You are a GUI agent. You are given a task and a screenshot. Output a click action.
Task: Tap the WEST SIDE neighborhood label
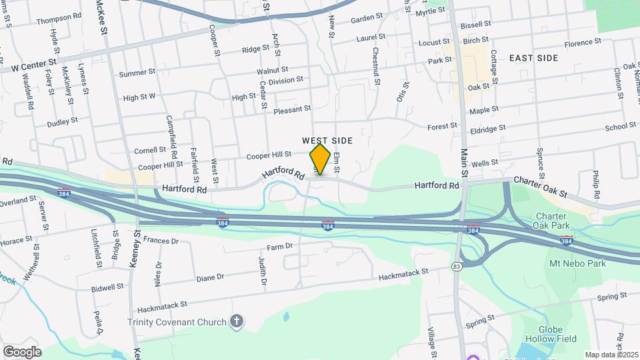pyautogui.click(x=327, y=141)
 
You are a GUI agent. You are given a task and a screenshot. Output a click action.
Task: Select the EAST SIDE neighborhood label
pyautogui.click(x=533, y=58)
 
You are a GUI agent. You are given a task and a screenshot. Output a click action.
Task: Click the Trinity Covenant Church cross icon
pyautogui.click(x=236, y=322)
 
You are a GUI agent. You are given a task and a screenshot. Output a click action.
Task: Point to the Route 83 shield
pyautogui.click(x=457, y=267)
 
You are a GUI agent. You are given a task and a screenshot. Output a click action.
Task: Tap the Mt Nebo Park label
pyautogui.click(x=577, y=264)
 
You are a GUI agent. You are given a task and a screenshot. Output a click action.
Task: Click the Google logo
pyautogui.click(x=22, y=351)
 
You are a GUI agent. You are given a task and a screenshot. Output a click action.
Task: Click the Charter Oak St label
pyautogui.click(x=539, y=187)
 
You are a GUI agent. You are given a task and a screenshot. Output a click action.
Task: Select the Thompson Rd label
pyautogui.click(x=59, y=21)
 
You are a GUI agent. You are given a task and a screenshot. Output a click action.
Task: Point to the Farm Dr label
pyautogui.click(x=280, y=247)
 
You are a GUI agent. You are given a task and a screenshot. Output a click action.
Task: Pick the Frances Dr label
pyautogui.click(x=161, y=240)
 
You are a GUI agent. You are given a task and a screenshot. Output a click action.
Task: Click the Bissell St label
pyautogui.click(x=475, y=23)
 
